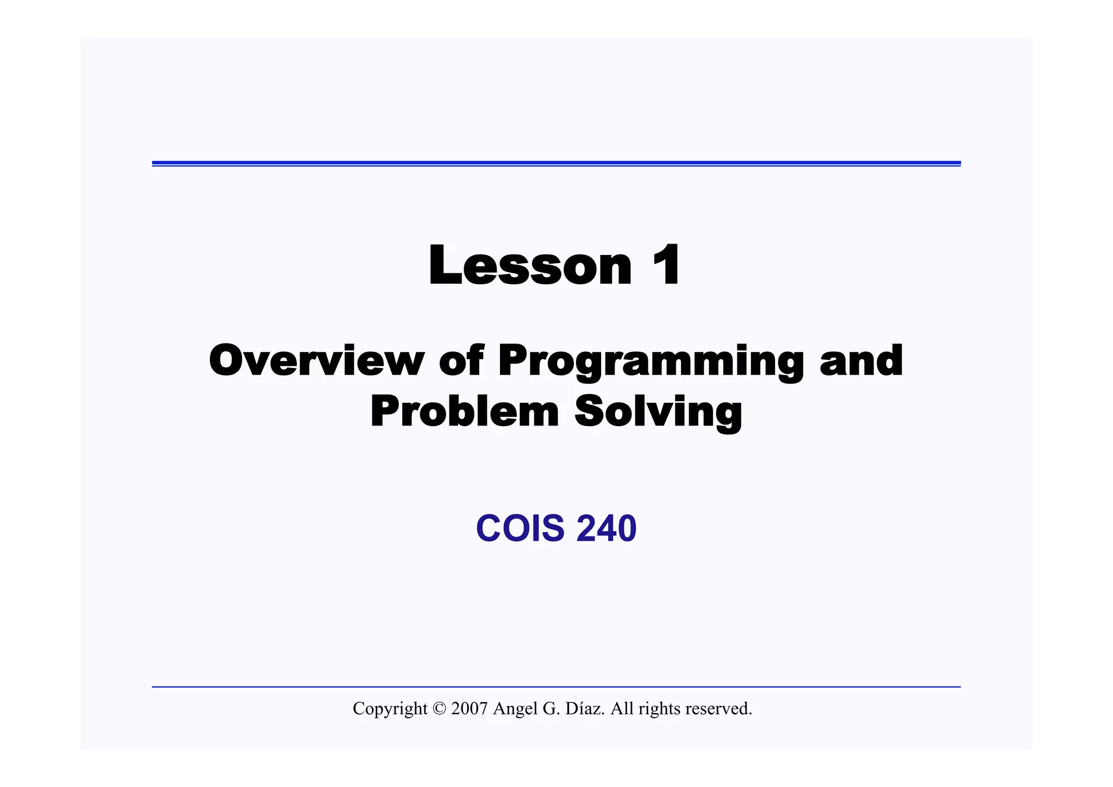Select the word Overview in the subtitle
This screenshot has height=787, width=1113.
[x=316, y=360]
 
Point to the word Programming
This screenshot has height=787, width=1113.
[x=651, y=361]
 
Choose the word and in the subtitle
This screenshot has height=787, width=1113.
[x=861, y=360]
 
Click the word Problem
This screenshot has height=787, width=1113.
[x=465, y=411]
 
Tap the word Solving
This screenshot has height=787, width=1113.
[x=658, y=413]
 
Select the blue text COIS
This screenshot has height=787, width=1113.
[x=520, y=528]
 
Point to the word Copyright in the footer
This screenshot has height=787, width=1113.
[x=390, y=709]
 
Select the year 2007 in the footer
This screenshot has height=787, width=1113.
[x=469, y=709]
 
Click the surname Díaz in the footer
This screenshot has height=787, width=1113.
[x=585, y=709]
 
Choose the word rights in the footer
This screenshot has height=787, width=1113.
[x=659, y=709]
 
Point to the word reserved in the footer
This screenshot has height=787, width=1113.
[x=718, y=709]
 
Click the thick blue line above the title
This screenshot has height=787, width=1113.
[x=556, y=163]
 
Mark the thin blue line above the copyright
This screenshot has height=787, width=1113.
[x=556, y=687]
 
